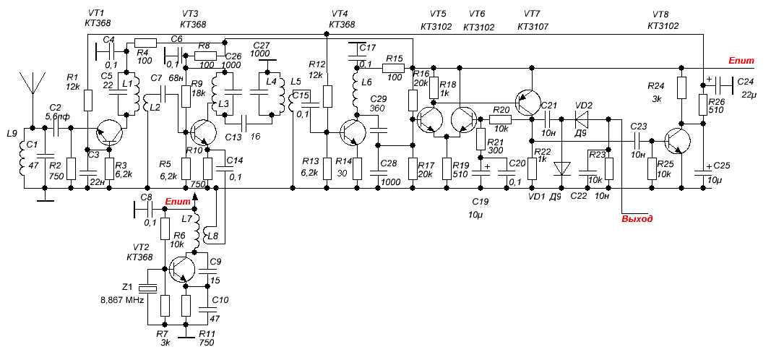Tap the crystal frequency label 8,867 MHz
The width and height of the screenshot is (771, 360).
pos(121,299)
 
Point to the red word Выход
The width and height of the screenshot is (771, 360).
pos(637,218)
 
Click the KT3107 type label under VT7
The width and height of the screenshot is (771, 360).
pos(532,26)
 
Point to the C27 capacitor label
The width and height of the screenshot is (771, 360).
pos(260,44)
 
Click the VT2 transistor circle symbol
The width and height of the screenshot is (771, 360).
pos(181,270)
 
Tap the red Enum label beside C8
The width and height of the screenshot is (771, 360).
pos(177,201)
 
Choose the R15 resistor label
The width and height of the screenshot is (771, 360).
pos(394,59)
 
